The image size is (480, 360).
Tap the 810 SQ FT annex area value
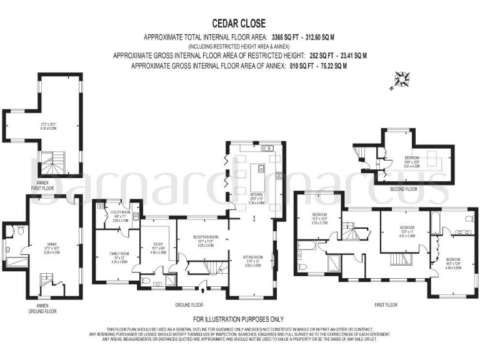pyautogui.click(x=282, y=65)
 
